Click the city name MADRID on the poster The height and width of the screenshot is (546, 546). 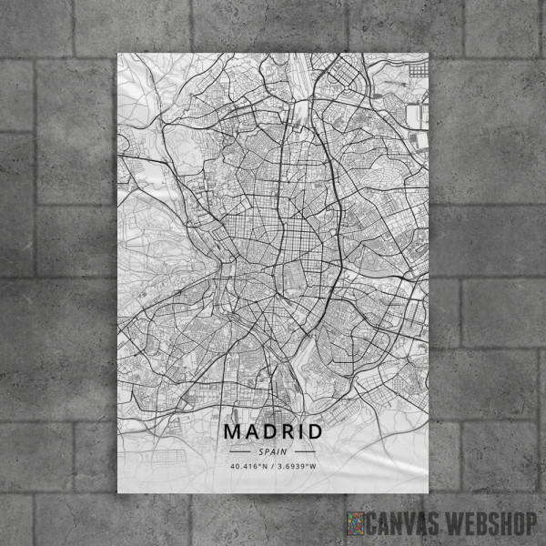[272, 430]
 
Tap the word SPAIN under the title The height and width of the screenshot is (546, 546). [272, 451]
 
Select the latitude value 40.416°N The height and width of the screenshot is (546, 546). [248, 468]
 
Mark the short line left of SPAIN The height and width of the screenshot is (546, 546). [240, 451]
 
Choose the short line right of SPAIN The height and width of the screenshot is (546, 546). [304, 451]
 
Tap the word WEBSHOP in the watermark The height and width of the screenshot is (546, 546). [490, 524]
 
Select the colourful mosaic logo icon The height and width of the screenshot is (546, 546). [356, 524]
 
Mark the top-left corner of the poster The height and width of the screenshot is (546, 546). [117, 53]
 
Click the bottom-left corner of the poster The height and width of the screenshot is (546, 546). [117, 493]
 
